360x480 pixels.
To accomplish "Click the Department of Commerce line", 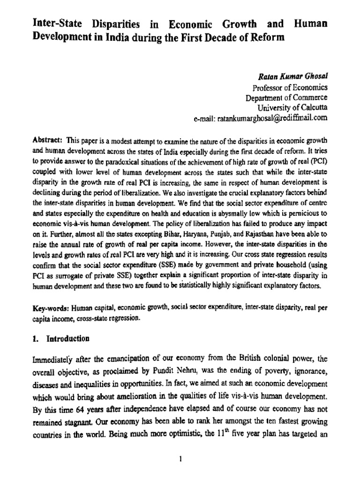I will point(287,97).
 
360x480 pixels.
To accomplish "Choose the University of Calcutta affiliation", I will point(292,108).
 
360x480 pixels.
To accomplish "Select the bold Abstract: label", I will point(48,140).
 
